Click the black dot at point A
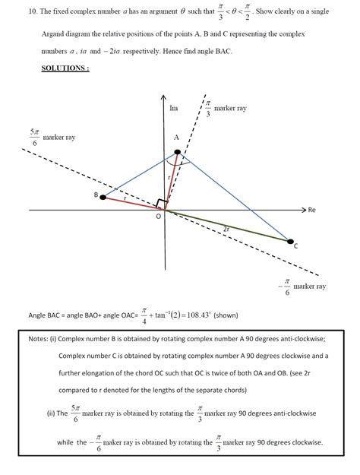pos(177,152)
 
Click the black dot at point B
pos(103,198)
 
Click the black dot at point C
pos(291,242)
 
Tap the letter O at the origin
pos(158,217)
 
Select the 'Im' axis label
pos(173,109)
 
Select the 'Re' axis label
pos(311,209)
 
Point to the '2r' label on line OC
pos(226,229)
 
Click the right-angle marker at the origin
pos(160,205)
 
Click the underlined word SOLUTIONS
pos(65,68)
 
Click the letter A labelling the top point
pos(176,138)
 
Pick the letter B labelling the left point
pos(96,196)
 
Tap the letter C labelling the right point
pos(295,247)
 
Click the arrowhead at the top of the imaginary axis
pos(165,98)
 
